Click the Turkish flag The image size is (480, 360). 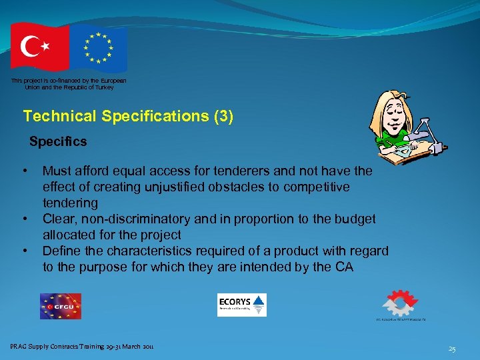point(39,46)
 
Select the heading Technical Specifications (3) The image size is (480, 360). point(128,116)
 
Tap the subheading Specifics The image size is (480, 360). point(58,141)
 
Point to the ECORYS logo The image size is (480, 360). point(241,305)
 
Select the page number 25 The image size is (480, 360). point(452,349)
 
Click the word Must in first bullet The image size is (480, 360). point(57,171)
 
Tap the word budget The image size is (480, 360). point(355,219)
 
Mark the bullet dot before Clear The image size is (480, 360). point(25,219)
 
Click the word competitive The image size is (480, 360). point(313,187)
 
